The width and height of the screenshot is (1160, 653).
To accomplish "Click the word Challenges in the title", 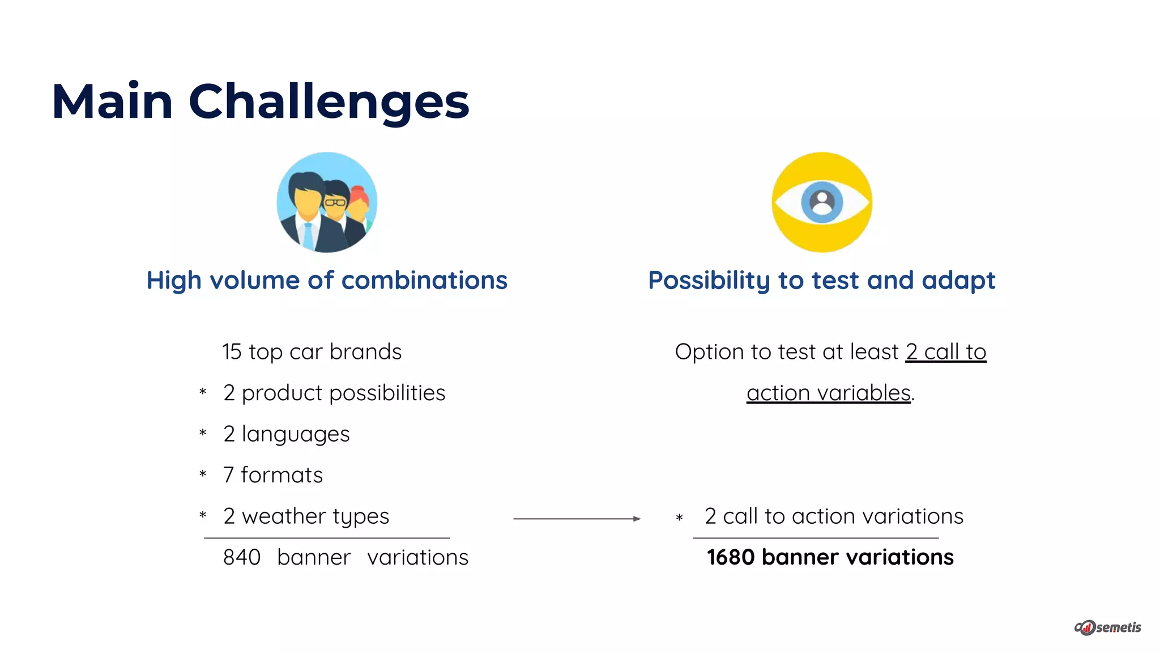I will pos(329,102).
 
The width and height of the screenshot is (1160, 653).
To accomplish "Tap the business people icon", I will pos(327,202).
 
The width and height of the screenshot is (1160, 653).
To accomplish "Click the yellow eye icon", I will pos(822,202).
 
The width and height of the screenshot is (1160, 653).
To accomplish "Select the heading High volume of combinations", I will pos(327,281).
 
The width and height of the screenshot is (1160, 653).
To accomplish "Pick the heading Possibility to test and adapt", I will pos(821,281).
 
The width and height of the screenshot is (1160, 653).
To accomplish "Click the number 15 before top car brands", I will pos(232,352).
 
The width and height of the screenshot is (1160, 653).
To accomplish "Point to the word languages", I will pos(296,435).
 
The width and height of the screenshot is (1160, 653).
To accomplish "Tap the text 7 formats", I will pos(273,475).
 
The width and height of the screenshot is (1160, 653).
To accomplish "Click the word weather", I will pos(284,516).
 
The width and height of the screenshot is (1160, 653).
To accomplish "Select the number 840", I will pos(242,557).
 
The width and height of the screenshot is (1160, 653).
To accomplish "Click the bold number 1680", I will pos(731,557).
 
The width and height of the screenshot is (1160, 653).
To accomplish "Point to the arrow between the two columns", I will pos(577,519).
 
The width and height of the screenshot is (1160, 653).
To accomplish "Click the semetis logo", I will pos(1108,627).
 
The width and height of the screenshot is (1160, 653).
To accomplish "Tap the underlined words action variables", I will pos(828,393).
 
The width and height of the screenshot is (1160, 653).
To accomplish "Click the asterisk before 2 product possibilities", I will pos(203,392).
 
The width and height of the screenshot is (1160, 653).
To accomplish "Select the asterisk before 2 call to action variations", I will pos(679,518).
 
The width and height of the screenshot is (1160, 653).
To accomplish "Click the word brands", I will pos(365,352).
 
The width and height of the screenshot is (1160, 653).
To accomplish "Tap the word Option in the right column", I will pos(709,352).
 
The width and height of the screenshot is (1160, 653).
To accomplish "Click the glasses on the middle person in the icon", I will pos(335,202).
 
